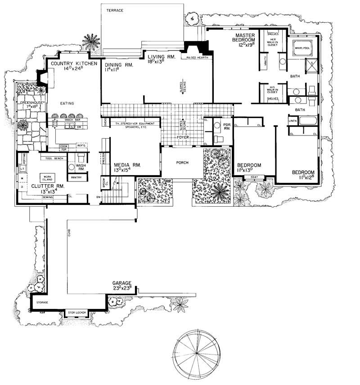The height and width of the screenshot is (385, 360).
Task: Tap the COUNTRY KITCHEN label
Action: click(74, 64)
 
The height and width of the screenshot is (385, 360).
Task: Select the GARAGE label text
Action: click(122, 284)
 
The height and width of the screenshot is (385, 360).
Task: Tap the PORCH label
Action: click(182, 163)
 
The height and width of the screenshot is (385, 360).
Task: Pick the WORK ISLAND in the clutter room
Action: click(46, 177)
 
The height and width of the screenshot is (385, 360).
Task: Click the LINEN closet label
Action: click(292, 120)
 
